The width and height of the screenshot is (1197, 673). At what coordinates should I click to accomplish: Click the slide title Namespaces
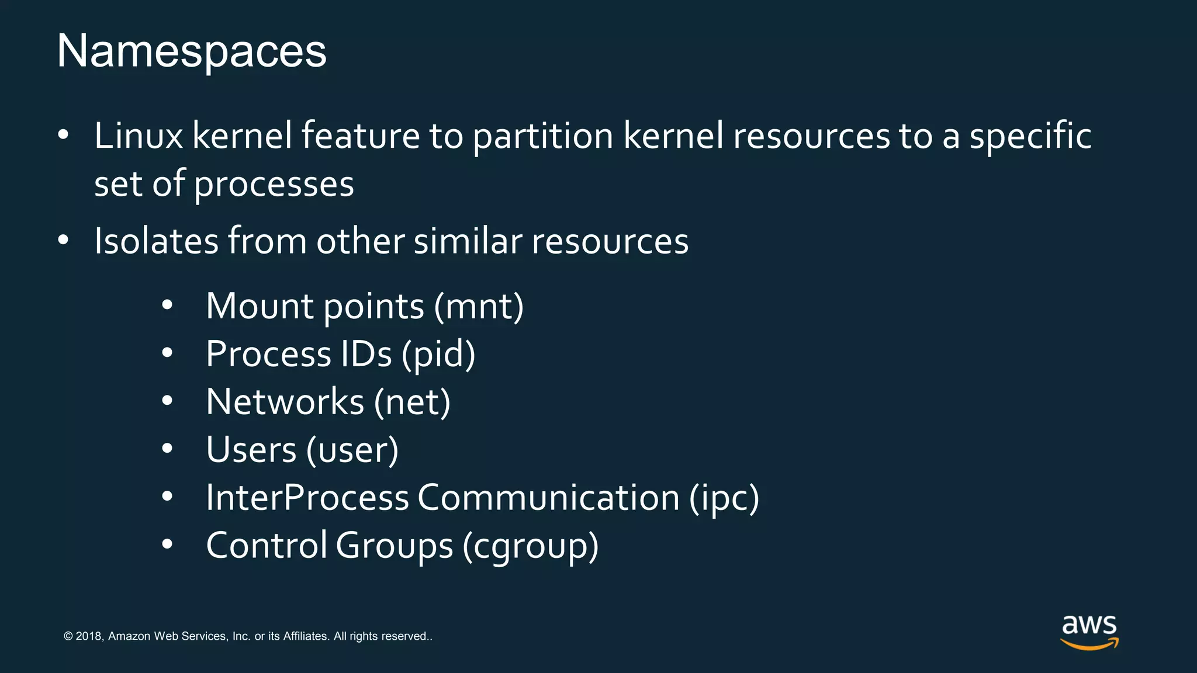click(191, 51)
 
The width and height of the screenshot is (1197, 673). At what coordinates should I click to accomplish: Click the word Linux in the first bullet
click(139, 136)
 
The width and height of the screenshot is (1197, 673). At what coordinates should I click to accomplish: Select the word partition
click(542, 137)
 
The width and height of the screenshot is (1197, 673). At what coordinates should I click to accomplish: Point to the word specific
click(1030, 137)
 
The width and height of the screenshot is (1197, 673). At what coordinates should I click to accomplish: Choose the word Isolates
click(156, 241)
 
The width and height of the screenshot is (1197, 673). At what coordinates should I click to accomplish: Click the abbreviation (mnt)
click(479, 307)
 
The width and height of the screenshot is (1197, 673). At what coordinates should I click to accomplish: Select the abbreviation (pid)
click(438, 355)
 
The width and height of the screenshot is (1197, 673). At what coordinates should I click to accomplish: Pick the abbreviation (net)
click(412, 403)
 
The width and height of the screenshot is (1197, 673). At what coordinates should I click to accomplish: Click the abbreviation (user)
click(352, 450)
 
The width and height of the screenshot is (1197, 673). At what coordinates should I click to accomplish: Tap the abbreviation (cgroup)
click(531, 546)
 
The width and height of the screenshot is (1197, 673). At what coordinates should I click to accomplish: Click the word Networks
click(285, 403)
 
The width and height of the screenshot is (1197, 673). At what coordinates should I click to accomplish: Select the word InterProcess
click(307, 498)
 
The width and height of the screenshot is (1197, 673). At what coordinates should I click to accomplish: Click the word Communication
click(548, 498)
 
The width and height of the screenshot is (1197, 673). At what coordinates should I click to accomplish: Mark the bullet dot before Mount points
click(168, 306)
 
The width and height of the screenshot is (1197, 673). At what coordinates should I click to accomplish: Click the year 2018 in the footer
click(89, 636)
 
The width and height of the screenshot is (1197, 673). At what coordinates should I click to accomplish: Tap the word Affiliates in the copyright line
click(306, 636)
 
